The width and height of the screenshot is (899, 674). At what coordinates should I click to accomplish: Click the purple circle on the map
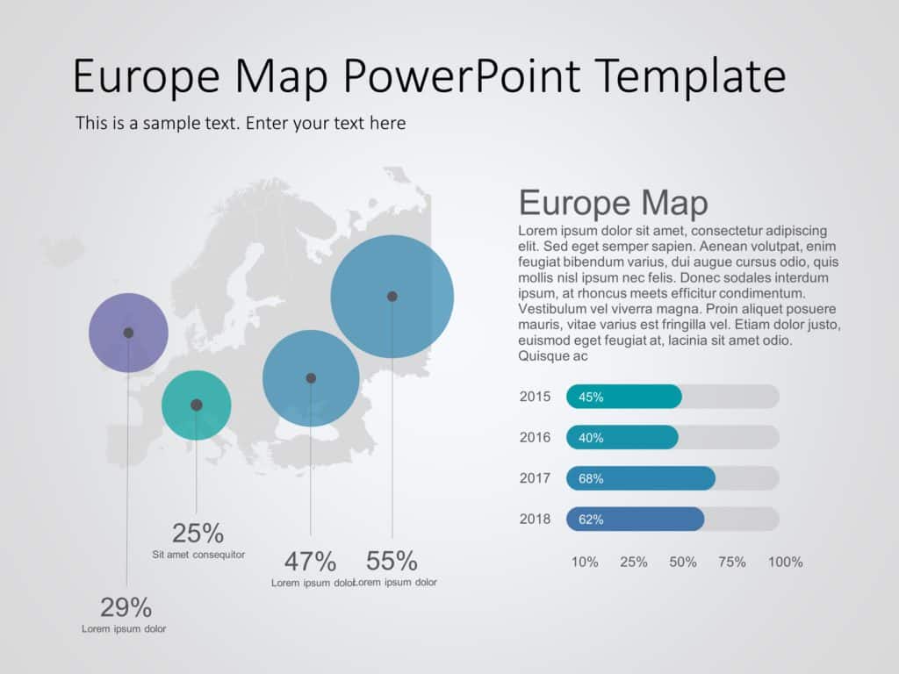[x=128, y=333]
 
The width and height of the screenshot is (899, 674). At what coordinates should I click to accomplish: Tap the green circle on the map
[x=196, y=405]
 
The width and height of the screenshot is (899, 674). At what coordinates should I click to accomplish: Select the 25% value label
[x=198, y=533]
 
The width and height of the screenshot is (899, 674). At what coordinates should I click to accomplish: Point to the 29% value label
[x=126, y=606]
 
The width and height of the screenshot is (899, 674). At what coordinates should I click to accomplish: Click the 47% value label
[x=310, y=561]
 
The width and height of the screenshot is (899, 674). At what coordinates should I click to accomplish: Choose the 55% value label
[x=392, y=561]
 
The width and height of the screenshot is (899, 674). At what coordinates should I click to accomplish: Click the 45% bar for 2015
[x=624, y=397]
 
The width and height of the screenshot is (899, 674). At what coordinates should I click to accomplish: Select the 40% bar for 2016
[x=622, y=437]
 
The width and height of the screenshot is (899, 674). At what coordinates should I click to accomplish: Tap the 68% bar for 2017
[x=641, y=478]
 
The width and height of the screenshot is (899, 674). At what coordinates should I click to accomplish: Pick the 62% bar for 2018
[x=636, y=519]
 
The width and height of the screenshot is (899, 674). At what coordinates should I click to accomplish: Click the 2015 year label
[x=535, y=397]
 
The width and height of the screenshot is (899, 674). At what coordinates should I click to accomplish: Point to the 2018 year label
[x=535, y=519]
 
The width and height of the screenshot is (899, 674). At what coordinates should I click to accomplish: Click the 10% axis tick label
[x=585, y=562]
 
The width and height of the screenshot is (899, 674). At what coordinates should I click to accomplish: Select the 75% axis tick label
[x=733, y=562]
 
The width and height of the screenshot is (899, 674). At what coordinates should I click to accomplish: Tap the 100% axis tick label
[x=785, y=562]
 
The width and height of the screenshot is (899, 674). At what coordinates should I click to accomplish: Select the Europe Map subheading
[x=613, y=203]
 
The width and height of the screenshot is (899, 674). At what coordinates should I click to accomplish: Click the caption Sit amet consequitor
[x=198, y=555]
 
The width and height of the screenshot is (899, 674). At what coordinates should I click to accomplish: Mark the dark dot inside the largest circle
[x=392, y=297]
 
